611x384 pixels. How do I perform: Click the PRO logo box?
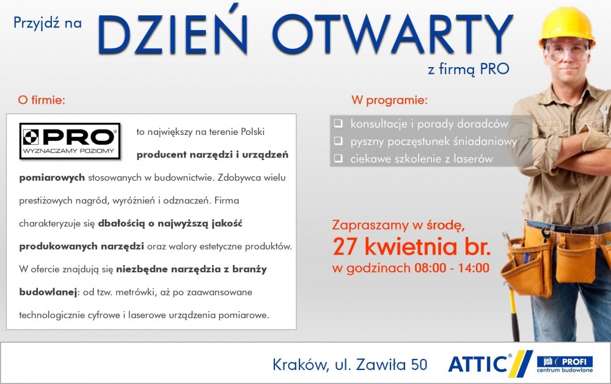click(x=70, y=141)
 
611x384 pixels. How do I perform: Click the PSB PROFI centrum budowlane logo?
click(x=565, y=364)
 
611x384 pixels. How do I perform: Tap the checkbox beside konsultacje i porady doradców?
click(x=338, y=123)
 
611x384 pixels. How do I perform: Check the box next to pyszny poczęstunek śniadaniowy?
click(x=338, y=140)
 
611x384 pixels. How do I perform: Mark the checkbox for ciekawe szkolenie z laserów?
click(x=338, y=158)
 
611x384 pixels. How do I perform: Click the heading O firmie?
click(x=42, y=100)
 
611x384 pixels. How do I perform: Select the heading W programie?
click(x=389, y=101)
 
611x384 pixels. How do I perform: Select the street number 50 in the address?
click(x=419, y=364)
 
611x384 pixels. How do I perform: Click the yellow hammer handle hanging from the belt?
click(x=514, y=311)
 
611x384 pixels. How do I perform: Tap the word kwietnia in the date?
click(x=411, y=247)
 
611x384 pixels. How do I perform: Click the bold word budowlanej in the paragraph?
click(x=48, y=292)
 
